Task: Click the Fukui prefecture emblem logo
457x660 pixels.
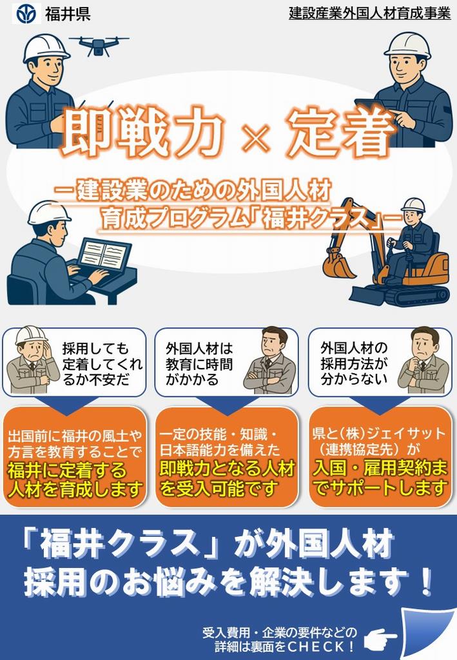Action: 26,14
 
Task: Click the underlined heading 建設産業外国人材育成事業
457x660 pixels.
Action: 369,14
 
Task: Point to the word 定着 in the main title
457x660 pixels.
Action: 342,130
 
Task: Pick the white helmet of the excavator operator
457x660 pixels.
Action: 413,205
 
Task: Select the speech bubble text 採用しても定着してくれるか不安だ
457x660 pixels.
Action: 102,364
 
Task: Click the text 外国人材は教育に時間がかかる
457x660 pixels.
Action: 199,364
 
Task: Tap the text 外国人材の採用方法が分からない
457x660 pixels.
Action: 354,363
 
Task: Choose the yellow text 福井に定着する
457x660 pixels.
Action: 67,470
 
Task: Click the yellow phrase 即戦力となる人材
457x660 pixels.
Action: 227,469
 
